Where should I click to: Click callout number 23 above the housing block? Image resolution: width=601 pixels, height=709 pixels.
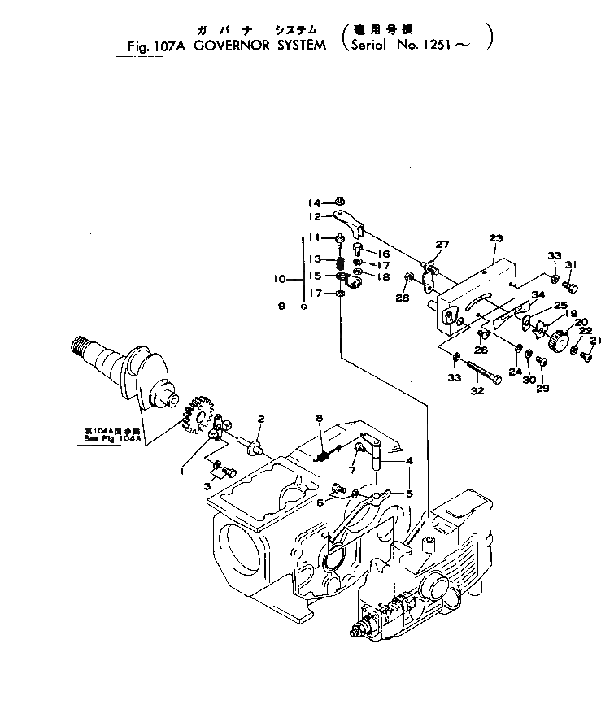497,237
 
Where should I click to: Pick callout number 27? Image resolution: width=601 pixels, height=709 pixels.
442,244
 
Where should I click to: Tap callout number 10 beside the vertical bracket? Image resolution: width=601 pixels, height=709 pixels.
281,277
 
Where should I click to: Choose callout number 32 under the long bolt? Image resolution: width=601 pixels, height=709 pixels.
477,390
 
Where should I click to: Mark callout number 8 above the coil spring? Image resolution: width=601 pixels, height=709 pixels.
320,419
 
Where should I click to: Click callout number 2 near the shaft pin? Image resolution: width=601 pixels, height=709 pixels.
260,419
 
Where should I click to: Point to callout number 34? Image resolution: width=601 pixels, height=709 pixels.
538,294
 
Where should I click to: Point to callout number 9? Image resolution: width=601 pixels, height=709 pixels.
281,307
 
